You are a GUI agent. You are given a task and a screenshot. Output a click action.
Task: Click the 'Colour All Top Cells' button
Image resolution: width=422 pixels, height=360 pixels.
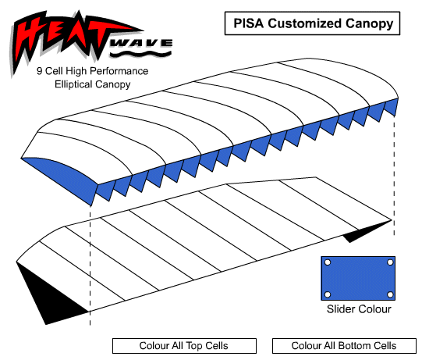[184, 346]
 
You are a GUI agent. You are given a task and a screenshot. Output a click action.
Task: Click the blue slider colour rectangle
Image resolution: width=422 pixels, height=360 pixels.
[358, 278]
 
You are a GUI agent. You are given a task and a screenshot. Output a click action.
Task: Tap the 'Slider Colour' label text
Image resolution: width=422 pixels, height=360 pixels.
[359, 309]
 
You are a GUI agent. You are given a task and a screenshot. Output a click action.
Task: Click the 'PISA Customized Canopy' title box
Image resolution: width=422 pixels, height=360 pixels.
[312, 23]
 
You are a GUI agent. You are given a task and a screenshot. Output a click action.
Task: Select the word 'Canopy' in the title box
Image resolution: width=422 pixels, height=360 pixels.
[369, 24]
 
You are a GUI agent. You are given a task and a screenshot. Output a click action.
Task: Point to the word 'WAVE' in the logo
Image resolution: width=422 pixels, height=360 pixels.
[141, 43]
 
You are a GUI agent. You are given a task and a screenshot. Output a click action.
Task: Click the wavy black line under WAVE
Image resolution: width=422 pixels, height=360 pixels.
[140, 54]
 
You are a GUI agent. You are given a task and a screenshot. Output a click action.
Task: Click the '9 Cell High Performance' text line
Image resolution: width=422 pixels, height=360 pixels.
[92, 71]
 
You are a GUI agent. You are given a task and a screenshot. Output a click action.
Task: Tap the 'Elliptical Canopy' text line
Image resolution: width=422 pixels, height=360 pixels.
[92, 84]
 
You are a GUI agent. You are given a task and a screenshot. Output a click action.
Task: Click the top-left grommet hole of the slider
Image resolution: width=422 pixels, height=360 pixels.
[328, 262]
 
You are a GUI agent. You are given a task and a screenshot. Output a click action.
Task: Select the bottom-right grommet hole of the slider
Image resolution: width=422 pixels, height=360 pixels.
[390, 294]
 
